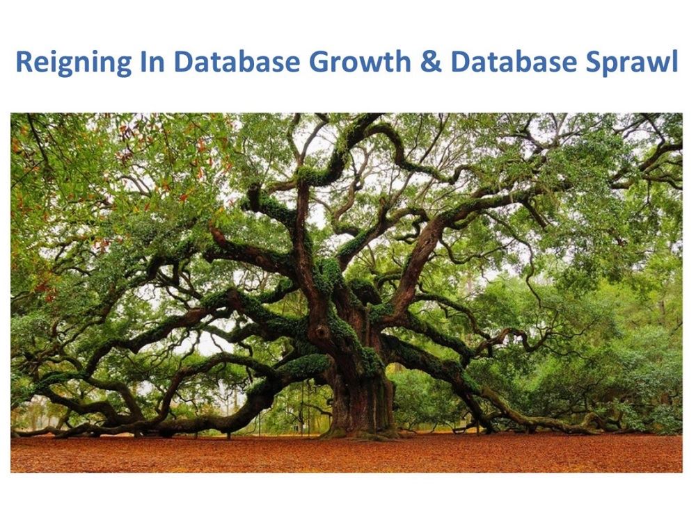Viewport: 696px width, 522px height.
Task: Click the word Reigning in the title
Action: click(x=74, y=63)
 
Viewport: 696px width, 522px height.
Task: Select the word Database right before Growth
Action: click(x=237, y=61)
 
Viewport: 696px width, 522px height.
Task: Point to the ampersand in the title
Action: click(x=431, y=62)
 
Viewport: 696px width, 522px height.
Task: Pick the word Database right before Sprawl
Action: click(x=514, y=61)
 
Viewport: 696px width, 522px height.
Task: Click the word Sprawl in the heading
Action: click(x=632, y=63)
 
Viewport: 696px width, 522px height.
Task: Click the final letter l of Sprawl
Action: click(x=675, y=61)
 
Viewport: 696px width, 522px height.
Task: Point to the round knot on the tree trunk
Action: click(x=320, y=332)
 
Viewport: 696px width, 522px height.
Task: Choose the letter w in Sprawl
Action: click(x=658, y=64)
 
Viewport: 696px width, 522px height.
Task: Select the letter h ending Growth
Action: click(x=403, y=61)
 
